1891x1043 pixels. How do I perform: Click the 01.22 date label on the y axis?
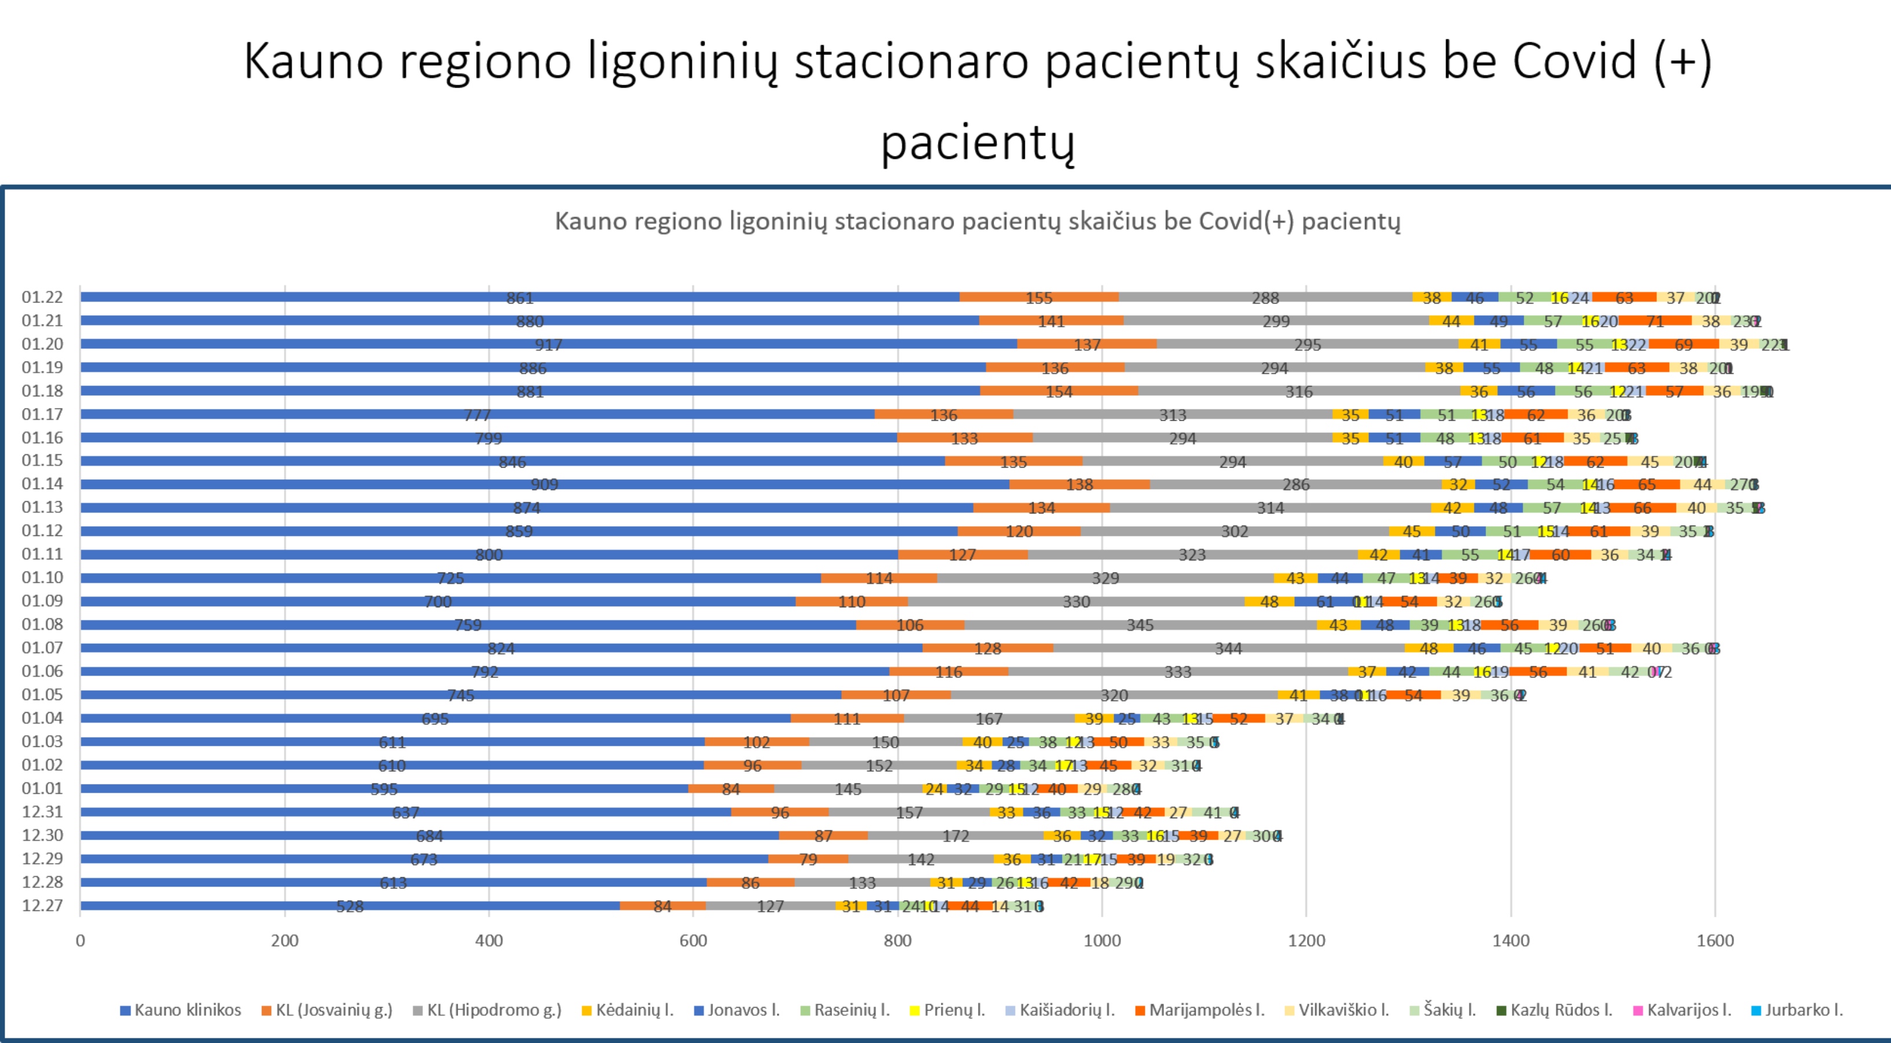(x=42, y=297)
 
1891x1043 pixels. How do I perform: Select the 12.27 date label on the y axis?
(x=42, y=905)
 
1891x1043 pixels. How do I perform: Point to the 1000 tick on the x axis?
(x=1102, y=941)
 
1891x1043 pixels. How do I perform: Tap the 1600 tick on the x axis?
(x=1715, y=941)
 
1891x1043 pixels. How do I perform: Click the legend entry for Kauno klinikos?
(x=181, y=1010)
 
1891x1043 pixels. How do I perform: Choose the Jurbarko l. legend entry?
(x=1797, y=1010)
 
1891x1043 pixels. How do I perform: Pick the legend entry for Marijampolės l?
(x=1199, y=1010)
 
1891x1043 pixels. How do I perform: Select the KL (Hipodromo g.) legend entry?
(x=487, y=1010)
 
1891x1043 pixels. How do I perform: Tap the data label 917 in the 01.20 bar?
(x=549, y=345)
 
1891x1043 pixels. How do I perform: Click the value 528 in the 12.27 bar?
(x=349, y=906)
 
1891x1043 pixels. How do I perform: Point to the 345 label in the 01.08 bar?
(x=1140, y=625)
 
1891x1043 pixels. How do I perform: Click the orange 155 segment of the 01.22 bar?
(x=1039, y=297)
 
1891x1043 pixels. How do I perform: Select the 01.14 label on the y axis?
(x=42, y=484)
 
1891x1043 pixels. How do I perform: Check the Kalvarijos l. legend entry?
(x=1682, y=1010)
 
